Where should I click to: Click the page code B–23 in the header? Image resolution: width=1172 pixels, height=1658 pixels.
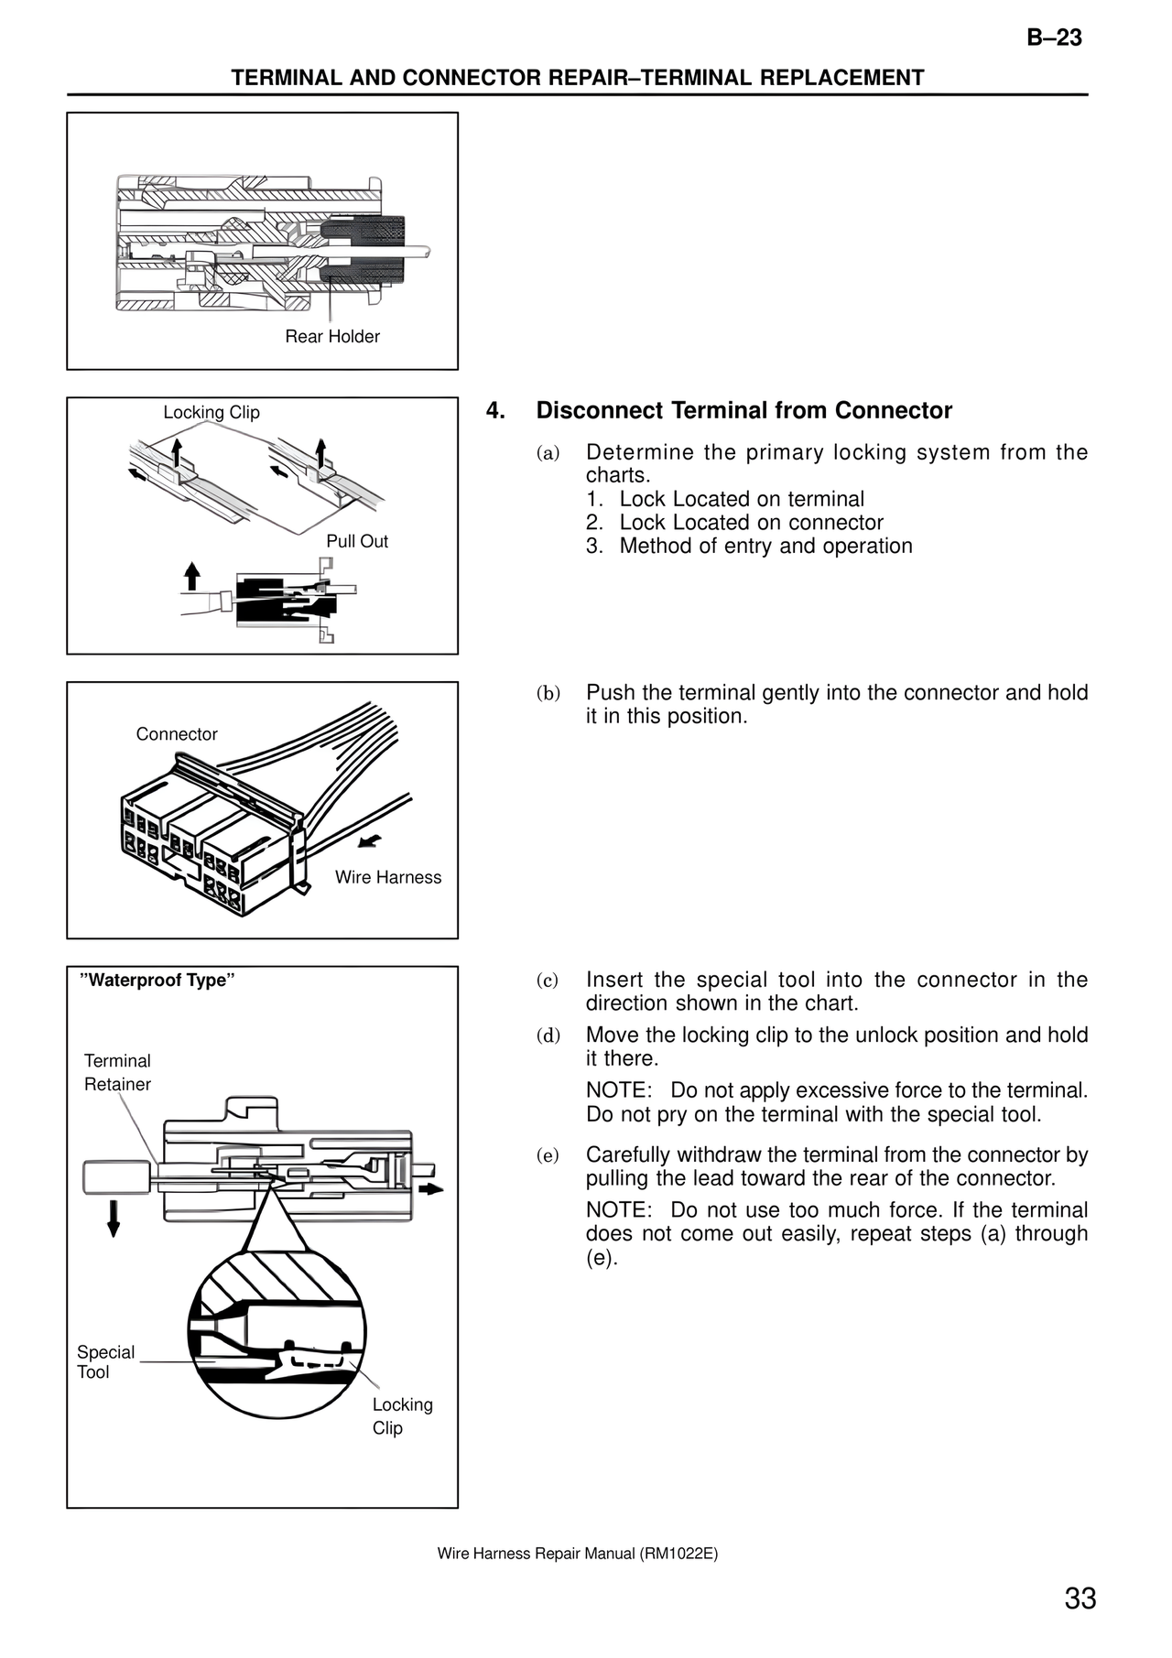pos(1054,38)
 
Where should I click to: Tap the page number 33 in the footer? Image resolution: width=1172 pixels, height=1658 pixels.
pos(1080,1598)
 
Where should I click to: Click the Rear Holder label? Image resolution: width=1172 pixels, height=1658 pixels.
pos(331,337)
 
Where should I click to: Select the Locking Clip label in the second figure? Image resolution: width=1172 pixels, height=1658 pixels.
pos(212,413)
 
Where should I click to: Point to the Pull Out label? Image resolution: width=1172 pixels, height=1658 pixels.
pos(357,541)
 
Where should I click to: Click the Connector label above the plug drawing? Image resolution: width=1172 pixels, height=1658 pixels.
pos(177,734)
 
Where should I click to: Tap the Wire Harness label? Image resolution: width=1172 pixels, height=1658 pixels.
pos(387,877)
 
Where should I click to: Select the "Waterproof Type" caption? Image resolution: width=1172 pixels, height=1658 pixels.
pos(158,981)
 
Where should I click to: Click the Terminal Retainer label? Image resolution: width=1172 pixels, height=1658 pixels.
pos(117,1072)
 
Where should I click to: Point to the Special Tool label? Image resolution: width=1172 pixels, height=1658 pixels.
pos(104,1361)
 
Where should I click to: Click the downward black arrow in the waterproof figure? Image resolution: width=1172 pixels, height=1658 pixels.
pos(114,1219)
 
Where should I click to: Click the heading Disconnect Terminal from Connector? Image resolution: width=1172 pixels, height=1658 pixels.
pos(743,410)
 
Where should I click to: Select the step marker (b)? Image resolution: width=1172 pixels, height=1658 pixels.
pos(548,693)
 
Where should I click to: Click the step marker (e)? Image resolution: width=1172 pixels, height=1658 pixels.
pos(548,1155)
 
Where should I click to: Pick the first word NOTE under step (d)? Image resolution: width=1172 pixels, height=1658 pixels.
pos(618,1090)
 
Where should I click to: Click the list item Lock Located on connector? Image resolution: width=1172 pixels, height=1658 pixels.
pos(751,523)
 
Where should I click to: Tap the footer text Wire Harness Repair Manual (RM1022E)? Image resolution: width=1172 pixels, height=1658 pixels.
pos(577,1554)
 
